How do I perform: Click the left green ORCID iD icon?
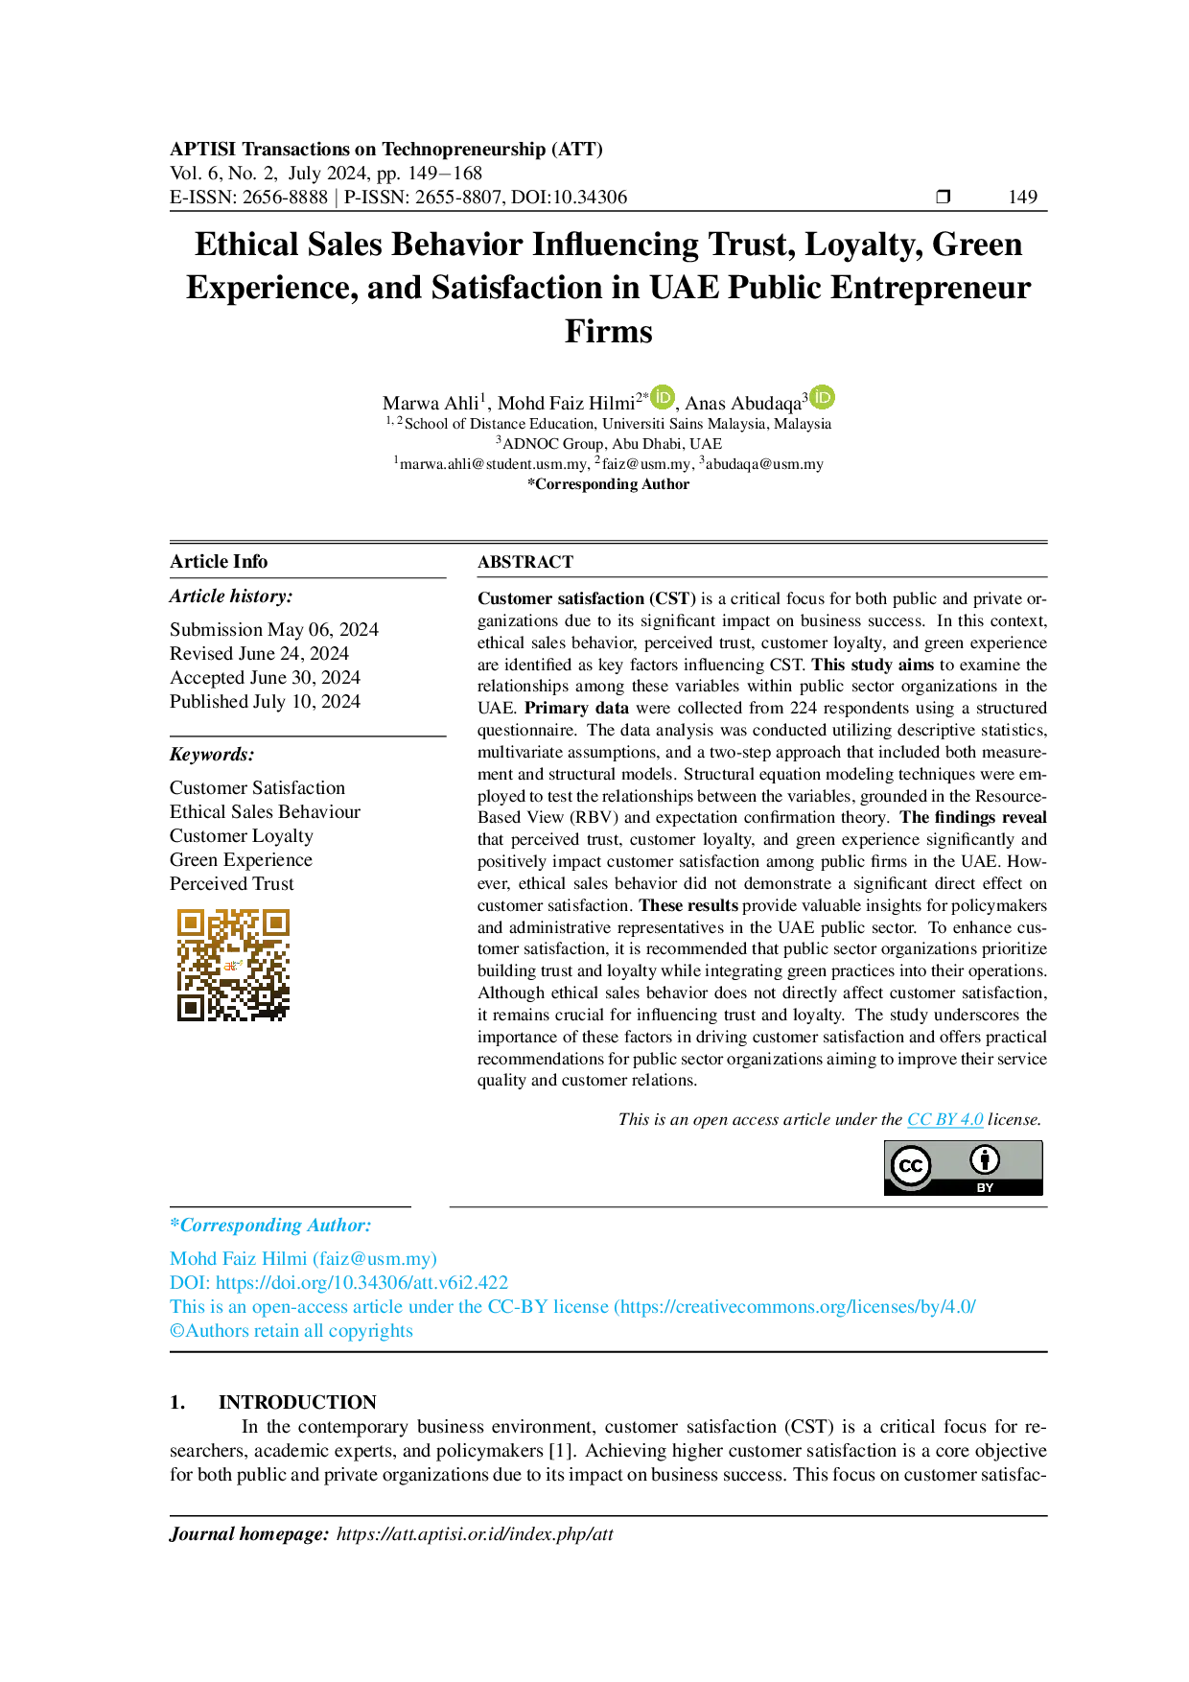click(x=663, y=398)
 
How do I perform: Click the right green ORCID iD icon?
click(x=823, y=398)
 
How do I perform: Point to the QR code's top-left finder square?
click(x=192, y=923)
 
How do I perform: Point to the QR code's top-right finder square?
click(x=276, y=923)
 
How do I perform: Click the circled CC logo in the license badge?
click(x=910, y=1166)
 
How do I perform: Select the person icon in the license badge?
click(x=984, y=1160)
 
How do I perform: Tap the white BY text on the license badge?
click(x=985, y=1187)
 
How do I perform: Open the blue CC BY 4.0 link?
click(x=945, y=1121)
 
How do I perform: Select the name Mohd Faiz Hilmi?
click(x=239, y=1258)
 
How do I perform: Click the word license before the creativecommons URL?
click(x=581, y=1307)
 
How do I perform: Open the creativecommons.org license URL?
click(x=796, y=1307)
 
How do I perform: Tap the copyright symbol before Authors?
click(x=175, y=1332)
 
